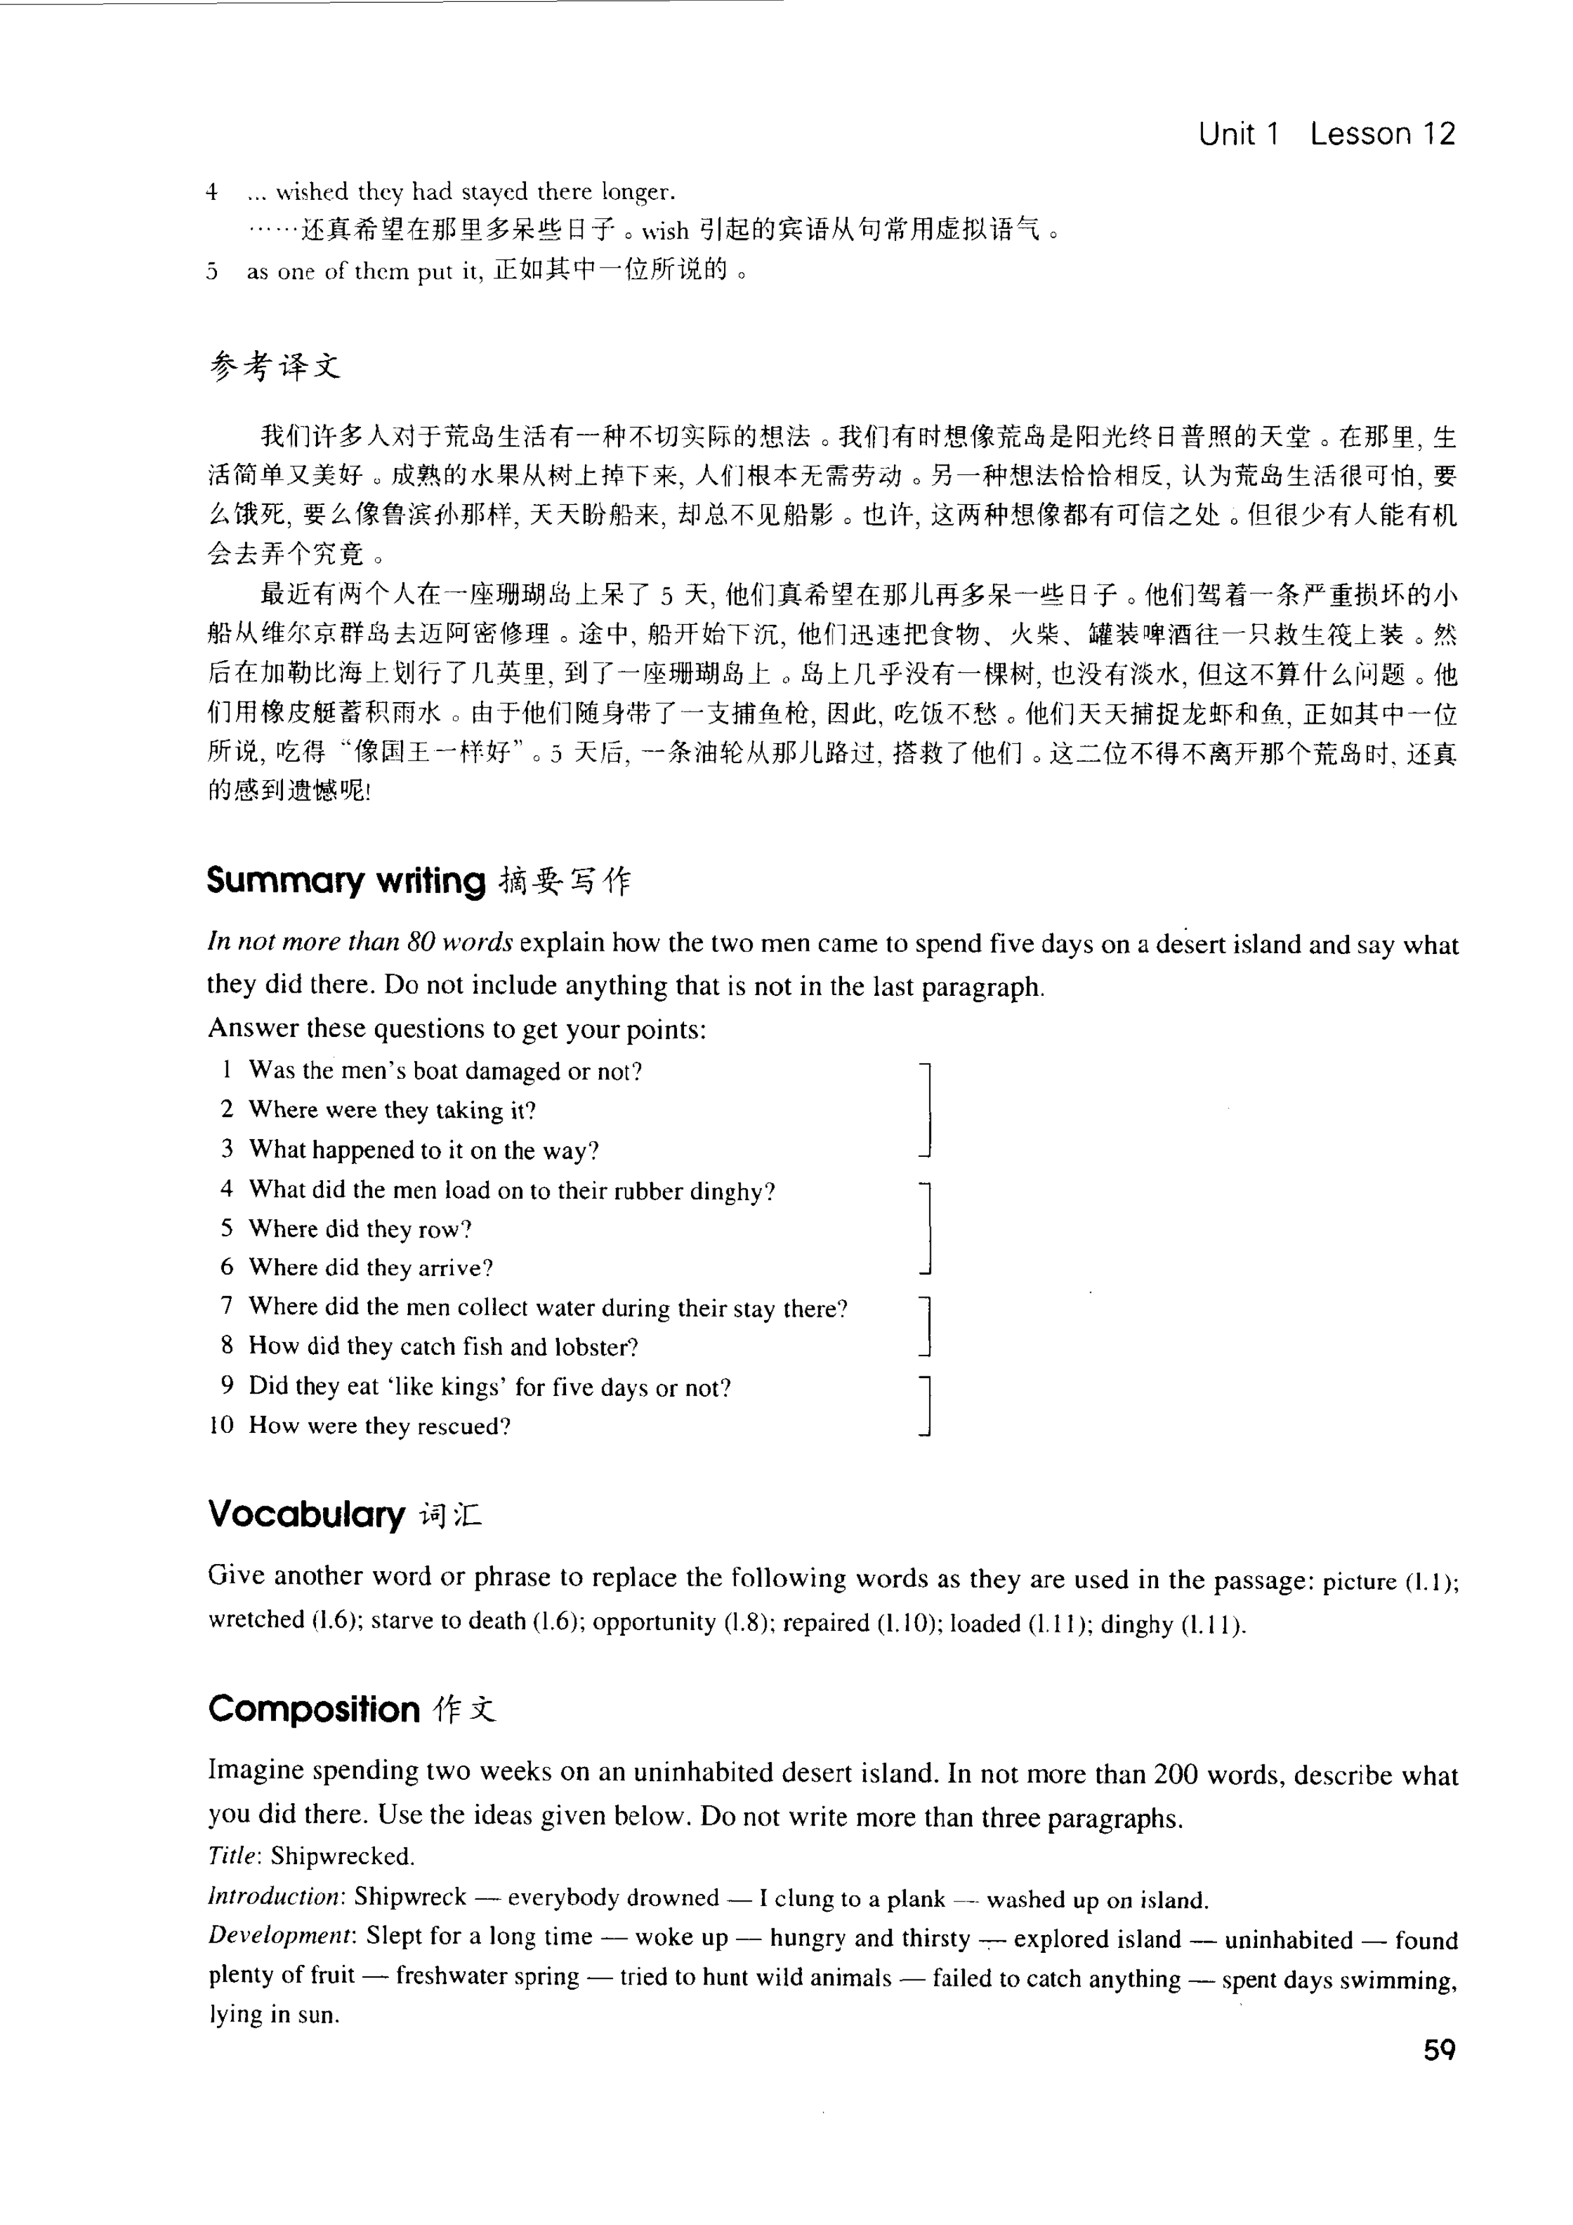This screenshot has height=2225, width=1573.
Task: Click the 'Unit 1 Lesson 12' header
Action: pyautogui.click(x=1326, y=134)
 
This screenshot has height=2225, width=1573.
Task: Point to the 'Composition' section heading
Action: pyautogui.click(x=314, y=1709)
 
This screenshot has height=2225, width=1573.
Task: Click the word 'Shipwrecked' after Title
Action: pyautogui.click(x=342, y=1856)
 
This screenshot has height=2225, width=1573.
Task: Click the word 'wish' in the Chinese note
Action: pyautogui.click(x=665, y=231)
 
